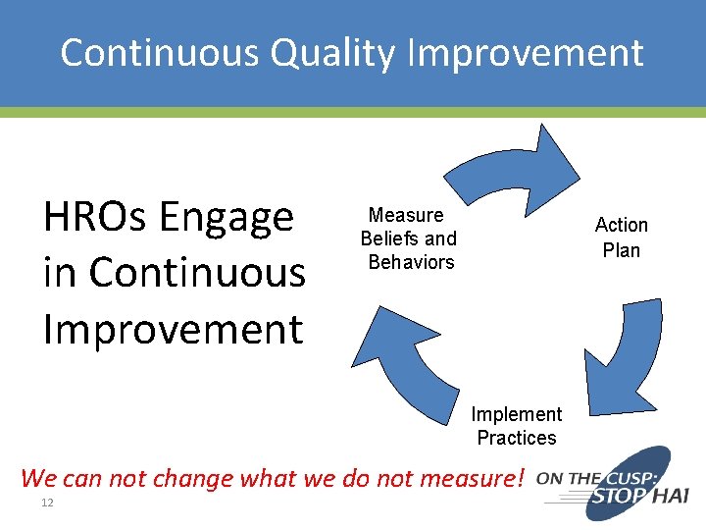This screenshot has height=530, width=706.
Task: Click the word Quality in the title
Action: click(x=333, y=53)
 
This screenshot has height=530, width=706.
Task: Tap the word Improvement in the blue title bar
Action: click(x=524, y=53)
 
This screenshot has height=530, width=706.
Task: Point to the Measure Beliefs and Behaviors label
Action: click(x=409, y=238)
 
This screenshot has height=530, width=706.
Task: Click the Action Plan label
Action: click(x=621, y=238)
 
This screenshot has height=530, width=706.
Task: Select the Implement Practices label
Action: click(x=516, y=426)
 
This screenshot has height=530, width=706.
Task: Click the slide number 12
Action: click(x=46, y=503)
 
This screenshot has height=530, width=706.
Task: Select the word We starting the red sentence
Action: click(x=38, y=479)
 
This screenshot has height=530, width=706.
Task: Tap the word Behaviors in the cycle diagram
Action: click(x=411, y=262)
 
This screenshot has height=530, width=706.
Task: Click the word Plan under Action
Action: click(x=621, y=250)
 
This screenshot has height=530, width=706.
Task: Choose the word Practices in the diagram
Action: click(x=516, y=438)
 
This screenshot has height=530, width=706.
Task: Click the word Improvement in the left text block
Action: click(x=173, y=329)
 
